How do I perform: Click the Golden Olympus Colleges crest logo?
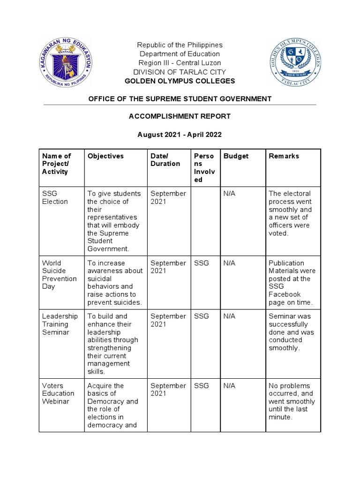pos(295,63)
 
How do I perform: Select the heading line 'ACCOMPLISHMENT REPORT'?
pos(180,116)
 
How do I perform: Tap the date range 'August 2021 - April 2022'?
pos(180,135)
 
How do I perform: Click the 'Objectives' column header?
pos(105,156)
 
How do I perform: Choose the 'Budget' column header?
pos(236,156)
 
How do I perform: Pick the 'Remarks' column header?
pos(284,156)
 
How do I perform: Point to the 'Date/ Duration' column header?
pos(165,160)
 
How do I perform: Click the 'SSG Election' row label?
pos(55,197)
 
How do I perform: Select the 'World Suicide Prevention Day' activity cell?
pos(59,275)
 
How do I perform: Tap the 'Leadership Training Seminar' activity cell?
pos(60,324)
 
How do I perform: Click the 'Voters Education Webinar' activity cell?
pos(58,393)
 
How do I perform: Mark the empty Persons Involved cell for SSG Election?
pos(205,221)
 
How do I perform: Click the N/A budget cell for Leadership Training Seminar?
pos(229,316)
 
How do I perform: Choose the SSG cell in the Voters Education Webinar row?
pos(202,386)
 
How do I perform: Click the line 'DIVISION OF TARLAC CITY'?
pos(180,72)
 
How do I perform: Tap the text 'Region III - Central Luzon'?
pos(180,63)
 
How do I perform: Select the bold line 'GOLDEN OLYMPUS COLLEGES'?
pos(180,81)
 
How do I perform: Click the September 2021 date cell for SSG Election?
pos(168,197)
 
